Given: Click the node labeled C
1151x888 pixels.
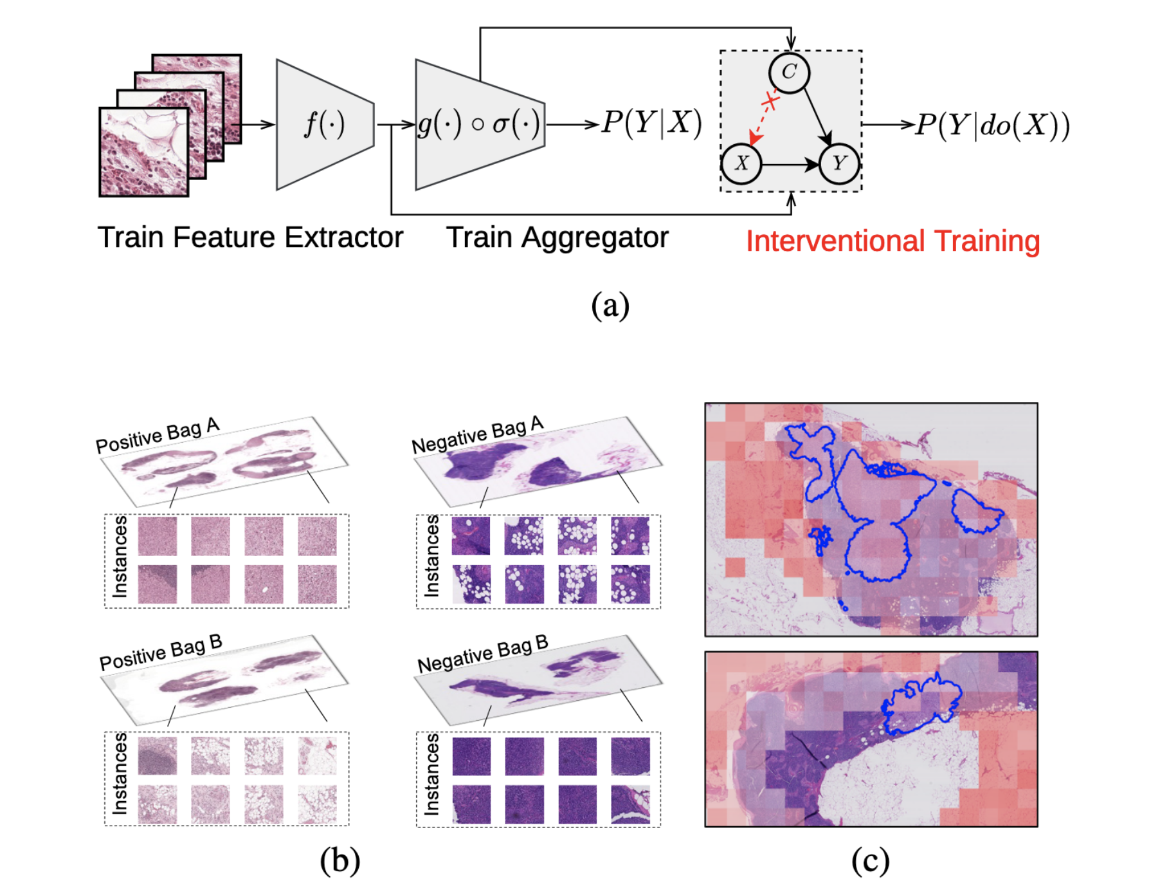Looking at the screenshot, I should tap(789, 73).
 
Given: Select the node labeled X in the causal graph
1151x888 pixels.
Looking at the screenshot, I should tap(741, 163).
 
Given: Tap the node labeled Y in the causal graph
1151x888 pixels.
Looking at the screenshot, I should tap(839, 163).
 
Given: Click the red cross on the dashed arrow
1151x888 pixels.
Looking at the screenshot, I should tap(770, 101).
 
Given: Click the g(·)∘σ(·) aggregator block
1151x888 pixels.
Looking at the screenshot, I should tap(479, 124).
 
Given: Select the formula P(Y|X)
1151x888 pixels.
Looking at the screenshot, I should tap(651, 122).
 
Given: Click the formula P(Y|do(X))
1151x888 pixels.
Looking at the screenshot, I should tap(993, 125).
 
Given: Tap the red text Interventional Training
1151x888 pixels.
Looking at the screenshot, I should tap(893, 241).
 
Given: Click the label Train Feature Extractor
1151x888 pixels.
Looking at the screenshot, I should tap(250, 237).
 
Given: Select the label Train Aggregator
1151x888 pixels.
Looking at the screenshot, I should tap(557, 237).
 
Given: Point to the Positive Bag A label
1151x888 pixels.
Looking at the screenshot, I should tap(158, 435).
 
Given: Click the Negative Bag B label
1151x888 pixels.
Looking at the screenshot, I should tap(483, 653).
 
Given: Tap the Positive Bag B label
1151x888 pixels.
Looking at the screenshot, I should tap(161, 652).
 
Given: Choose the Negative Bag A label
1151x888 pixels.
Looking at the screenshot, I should tap(478, 435).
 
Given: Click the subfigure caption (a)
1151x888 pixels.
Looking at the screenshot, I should tap(610, 304).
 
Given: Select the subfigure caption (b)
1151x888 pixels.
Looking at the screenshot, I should tap(340, 860).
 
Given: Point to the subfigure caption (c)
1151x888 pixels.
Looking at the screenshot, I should tap(870, 860).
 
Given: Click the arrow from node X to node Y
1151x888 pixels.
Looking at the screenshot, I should tap(790, 165).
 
